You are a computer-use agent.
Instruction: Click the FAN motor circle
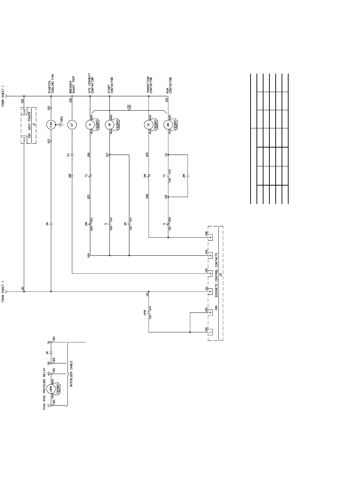point(51,125)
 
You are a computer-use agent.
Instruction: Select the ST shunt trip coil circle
point(72,125)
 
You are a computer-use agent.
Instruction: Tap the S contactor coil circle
point(90,125)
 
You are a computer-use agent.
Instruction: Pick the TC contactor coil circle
point(148,125)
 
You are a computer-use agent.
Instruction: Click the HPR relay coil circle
point(51,389)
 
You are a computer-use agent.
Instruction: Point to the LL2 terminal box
point(24,111)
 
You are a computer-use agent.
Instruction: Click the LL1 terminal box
point(24,140)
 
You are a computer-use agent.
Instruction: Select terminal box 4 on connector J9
point(210,238)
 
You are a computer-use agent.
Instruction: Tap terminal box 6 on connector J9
point(210,273)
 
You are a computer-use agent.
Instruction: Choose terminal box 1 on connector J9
point(210,332)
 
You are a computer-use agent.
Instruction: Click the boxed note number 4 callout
point(129,107)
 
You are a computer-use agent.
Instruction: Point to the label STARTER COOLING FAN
point(51,84)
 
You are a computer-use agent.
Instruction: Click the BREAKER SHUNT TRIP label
point(72,85)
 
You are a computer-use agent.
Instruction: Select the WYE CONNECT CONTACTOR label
point(91,83)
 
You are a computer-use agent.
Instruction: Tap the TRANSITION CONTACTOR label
point(150,85)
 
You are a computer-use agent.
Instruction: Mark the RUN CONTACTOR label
point(169,85)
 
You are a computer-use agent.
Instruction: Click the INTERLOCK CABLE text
point(71,374)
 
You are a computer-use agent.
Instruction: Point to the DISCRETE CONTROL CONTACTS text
point(216,275)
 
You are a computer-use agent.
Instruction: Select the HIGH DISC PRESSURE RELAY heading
point(45,389)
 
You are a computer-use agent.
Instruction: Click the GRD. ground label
point(62,119)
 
